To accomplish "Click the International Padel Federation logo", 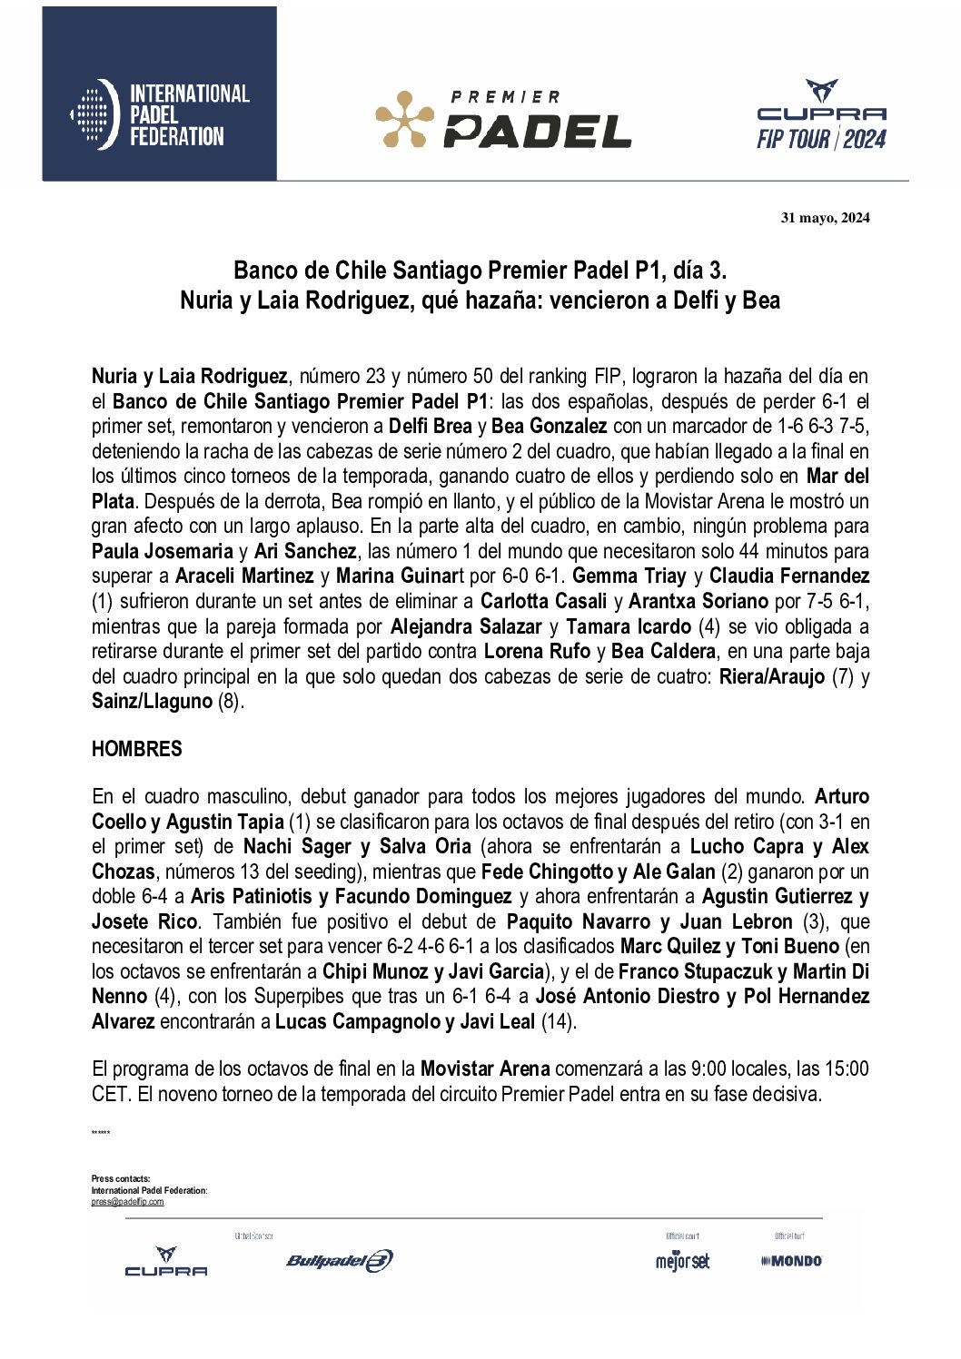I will click(x=160, y=114).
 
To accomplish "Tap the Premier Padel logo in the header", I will click(x=503, y=119).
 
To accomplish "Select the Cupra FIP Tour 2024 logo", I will click(x=821, y=115).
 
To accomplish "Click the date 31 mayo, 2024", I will click(x=825, y=217).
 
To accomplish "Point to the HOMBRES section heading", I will click(x=136, y=749).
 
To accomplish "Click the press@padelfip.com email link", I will click(x=127, y=1202).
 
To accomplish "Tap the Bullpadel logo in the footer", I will click(x=339, y=1260).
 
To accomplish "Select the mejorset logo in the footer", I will click(x=682, y=1260).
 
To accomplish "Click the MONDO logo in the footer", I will click(x=791, y=1260).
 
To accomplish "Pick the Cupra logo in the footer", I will click(x=166, y=1262).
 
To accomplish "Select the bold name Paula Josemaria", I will click(x=163, y=551).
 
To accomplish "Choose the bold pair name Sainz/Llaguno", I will click(x=152, y=701).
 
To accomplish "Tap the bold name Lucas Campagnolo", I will click(x=358, y=1021).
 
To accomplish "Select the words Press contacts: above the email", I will click(x=121, y=1178).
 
